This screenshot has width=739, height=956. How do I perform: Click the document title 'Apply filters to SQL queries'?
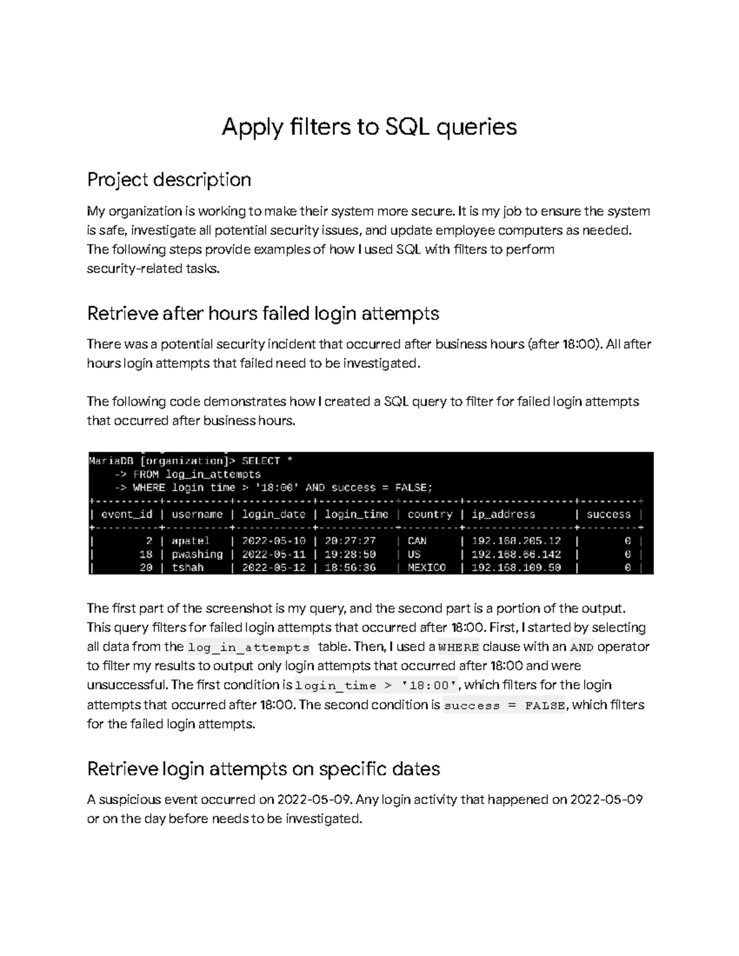[x=369, y=127]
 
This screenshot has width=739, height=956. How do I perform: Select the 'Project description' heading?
[x=169, y=180]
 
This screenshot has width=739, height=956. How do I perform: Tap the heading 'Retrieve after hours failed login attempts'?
[x=263, y=313]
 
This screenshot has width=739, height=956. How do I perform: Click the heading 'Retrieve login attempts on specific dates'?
[x=263, y=769]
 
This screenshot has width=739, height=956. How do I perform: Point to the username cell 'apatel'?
[x=190, y=541]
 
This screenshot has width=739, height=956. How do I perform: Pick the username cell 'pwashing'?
[x=197, y=554]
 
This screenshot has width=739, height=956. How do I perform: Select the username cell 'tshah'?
[x=187, y=568]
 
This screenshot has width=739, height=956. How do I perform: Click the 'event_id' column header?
[x=126, y=515]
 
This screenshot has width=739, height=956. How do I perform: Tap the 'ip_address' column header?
[x=503, y=515]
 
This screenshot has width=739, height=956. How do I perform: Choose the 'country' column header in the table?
[x=430, y=515]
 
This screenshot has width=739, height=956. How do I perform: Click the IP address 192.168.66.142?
[x=516, y=554]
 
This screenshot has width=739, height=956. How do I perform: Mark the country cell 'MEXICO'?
[x=426, y=568]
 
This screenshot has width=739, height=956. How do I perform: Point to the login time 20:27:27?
[x=350, y=541]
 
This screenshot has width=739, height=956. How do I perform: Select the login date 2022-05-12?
[x=273, y=568]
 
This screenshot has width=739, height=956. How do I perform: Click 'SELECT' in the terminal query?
[x=260, y=461]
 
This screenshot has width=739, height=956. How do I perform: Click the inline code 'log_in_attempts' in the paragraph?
[x=248, y=648]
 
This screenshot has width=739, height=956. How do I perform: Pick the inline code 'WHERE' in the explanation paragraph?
[x=458, y=648]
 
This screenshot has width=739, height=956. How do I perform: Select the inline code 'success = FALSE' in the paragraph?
[x=504, y=706]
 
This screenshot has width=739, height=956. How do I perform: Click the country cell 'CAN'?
[x=417, y=541]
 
